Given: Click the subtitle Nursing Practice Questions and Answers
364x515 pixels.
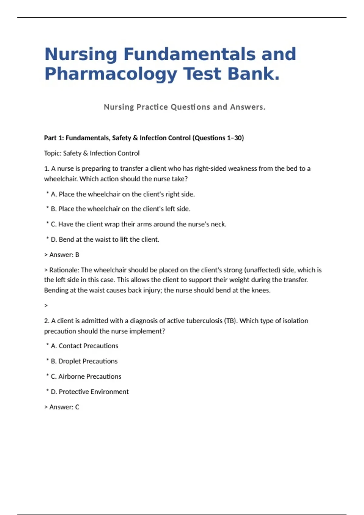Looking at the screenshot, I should pos(184,107).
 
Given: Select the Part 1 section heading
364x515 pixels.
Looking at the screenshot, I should pos(144,138).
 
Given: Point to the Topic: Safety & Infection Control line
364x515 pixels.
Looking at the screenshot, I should pos(92,153).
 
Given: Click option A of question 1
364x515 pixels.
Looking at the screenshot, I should pos(123,194).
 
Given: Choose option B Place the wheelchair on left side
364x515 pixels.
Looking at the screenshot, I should pos(120,209).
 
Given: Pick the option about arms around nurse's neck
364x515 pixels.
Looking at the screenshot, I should pos(138,224).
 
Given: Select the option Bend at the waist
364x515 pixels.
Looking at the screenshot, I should pos(105,240).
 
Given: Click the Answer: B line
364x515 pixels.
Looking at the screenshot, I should pos(62,255).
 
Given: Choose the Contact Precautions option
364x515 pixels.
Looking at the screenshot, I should pos(84,346).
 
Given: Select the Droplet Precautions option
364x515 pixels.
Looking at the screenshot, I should pos(84,361).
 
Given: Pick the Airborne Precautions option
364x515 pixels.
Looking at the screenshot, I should pos(86,377).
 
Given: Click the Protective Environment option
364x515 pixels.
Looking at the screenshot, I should pos(90,392).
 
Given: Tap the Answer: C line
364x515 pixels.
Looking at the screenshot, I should pos(62,407).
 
